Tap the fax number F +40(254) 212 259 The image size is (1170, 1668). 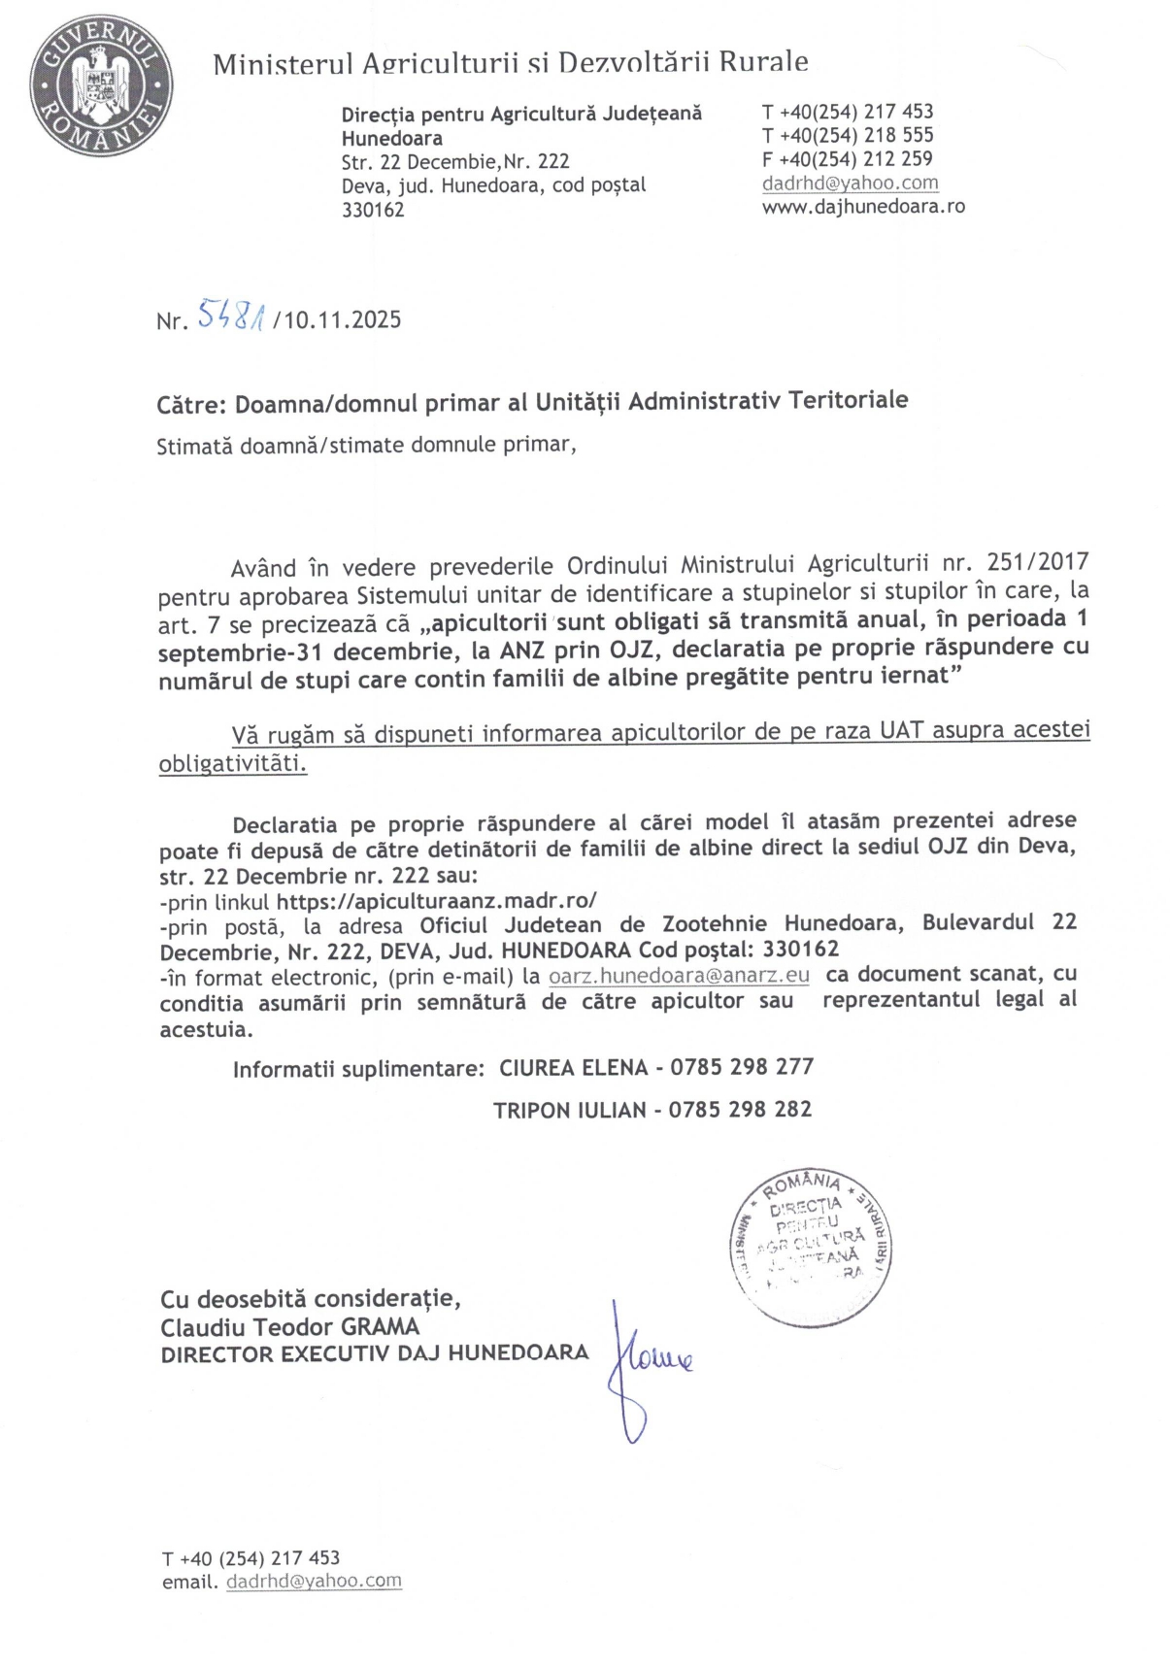848,159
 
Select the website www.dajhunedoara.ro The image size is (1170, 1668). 863,206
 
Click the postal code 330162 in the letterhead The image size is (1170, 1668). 373,210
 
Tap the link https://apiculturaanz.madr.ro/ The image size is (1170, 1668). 437,900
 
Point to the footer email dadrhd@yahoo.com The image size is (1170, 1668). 314,1581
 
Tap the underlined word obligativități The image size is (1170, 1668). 233,764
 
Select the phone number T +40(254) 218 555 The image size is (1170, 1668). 848,135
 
